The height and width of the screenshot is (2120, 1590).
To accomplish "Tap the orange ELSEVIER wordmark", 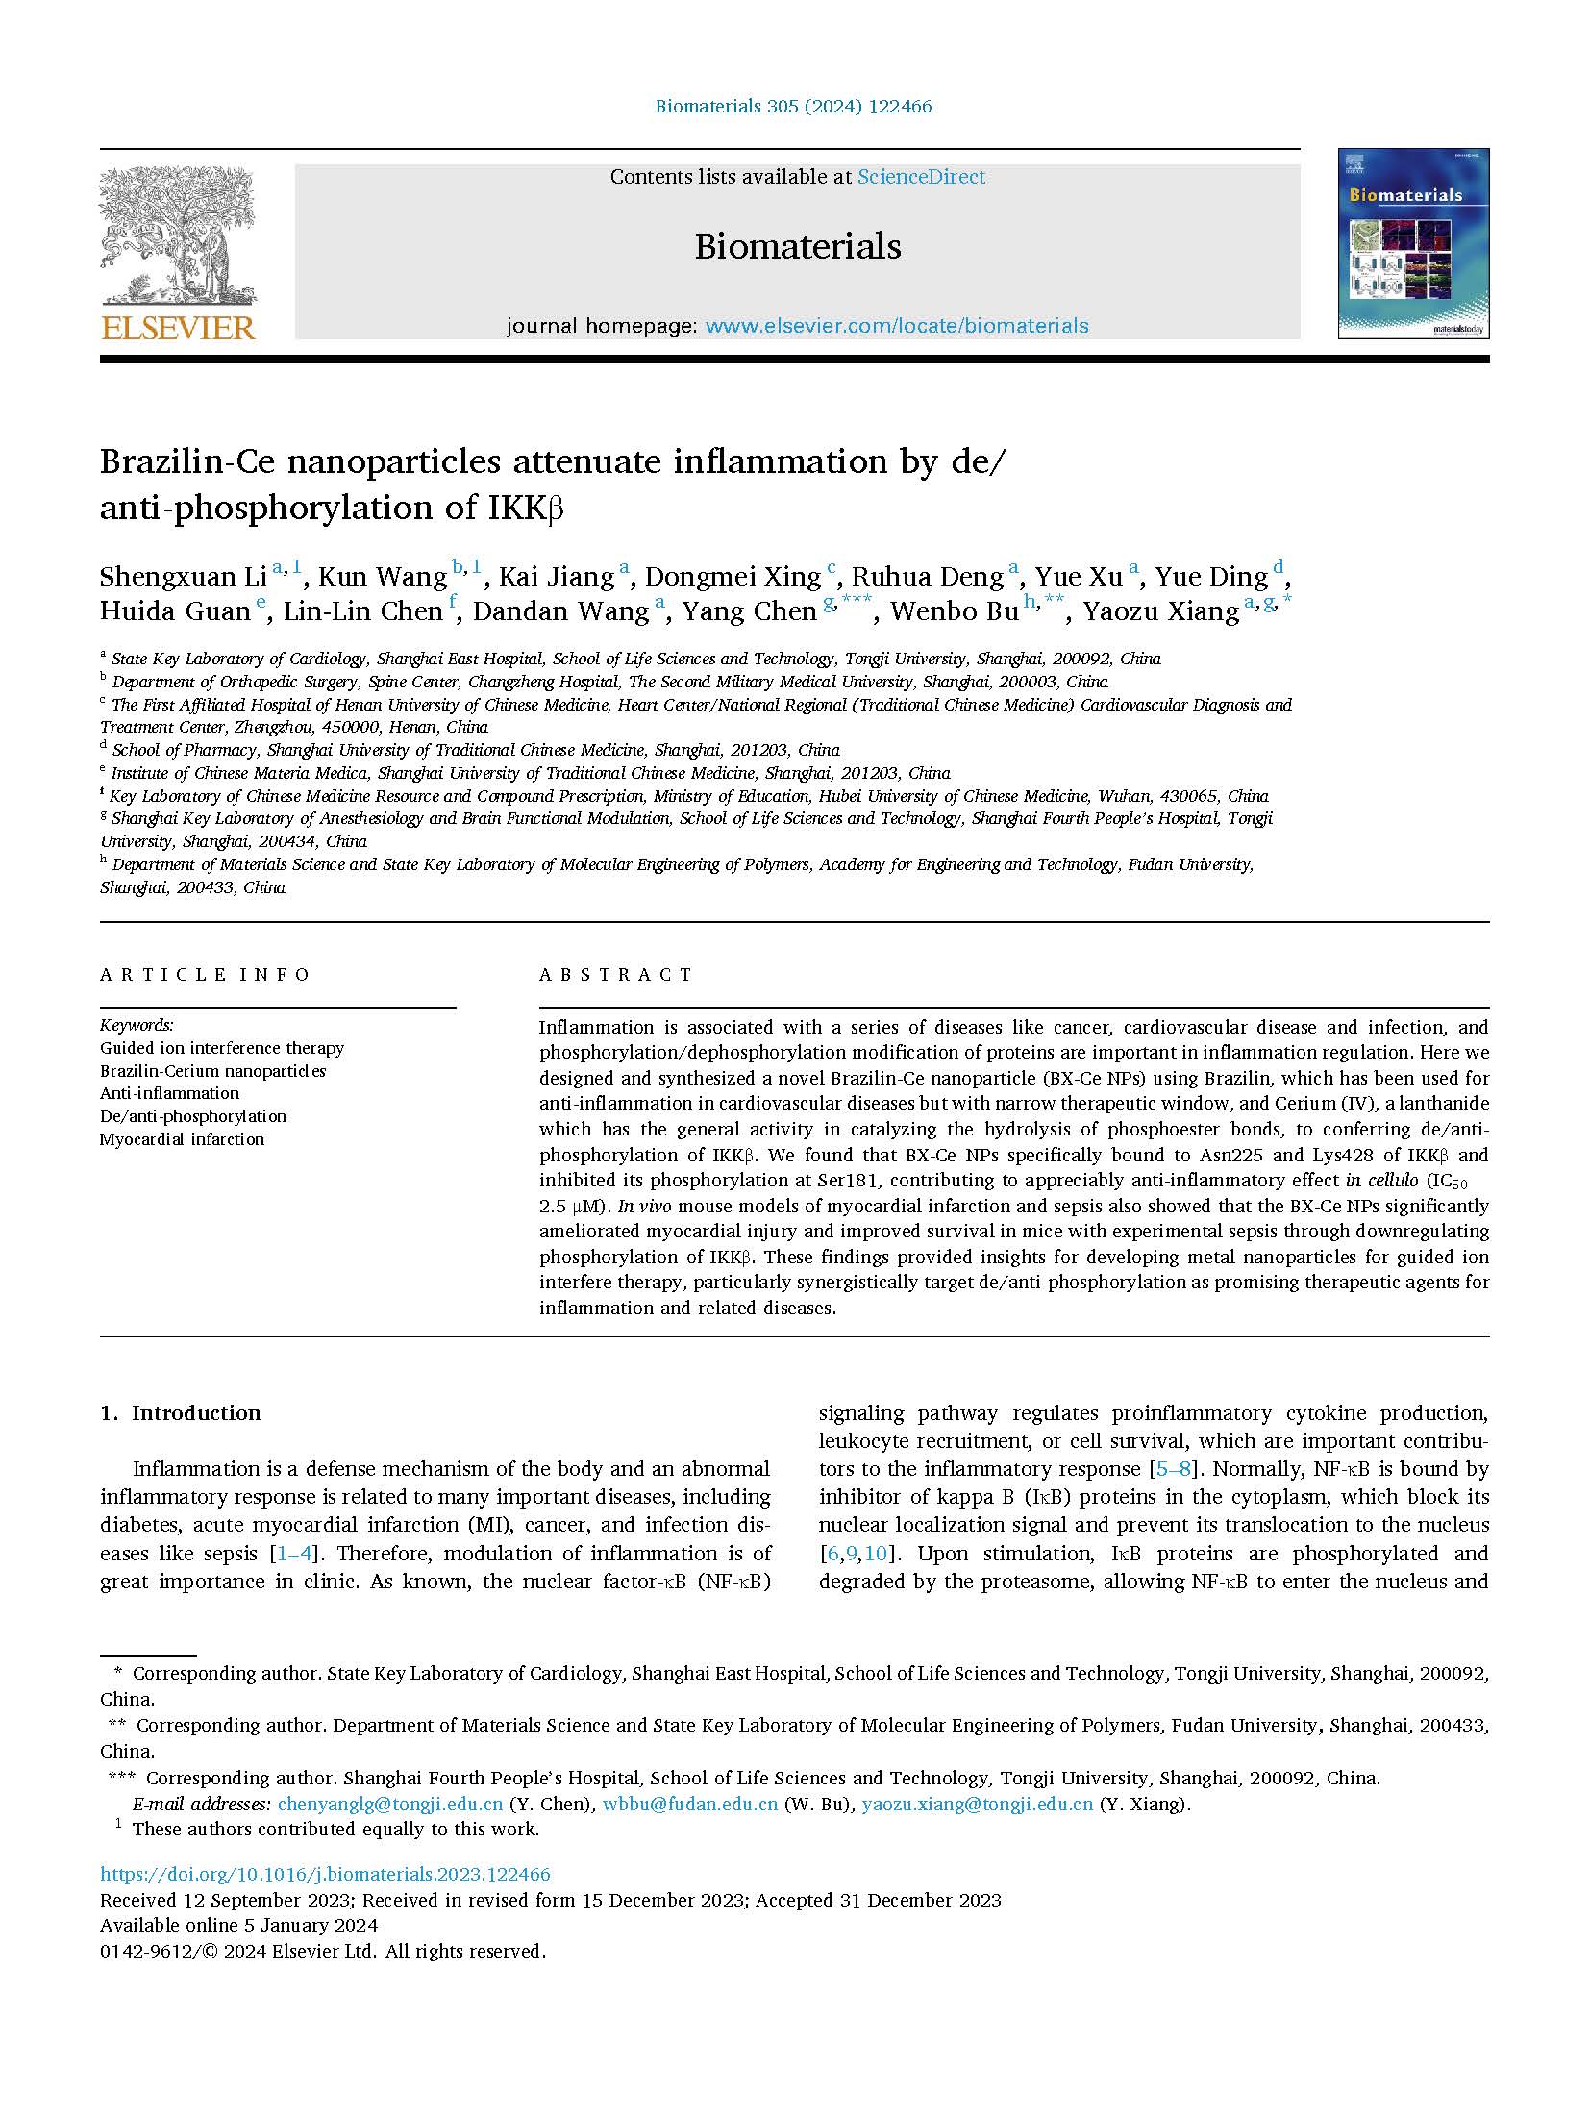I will [178, 328].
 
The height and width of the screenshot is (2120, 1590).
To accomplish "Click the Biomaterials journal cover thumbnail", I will [1413, 244].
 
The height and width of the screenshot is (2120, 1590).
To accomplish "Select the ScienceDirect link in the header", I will [921, 177].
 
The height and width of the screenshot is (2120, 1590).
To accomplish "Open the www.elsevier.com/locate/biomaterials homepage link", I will [897, 326].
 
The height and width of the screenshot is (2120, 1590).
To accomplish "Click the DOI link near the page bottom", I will [325, 1874].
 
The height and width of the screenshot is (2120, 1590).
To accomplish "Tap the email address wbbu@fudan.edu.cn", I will [689, 1804].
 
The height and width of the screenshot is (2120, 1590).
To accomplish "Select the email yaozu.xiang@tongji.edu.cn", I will [977, 1804].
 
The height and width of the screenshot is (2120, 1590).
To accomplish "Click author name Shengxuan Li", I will [183, 577].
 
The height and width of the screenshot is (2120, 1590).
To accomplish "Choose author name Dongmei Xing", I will [733, 577].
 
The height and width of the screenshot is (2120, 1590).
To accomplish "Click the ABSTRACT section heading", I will [615, 975].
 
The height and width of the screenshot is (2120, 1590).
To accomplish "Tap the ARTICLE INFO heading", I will [205, 975].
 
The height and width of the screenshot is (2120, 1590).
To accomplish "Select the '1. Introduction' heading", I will [181, 1412].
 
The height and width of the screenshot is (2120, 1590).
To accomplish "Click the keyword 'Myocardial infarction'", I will [182, 1139].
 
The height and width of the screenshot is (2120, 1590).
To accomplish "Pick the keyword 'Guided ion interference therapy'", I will [222, 1048].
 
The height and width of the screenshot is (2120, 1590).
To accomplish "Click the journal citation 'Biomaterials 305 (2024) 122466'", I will [793, 107].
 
